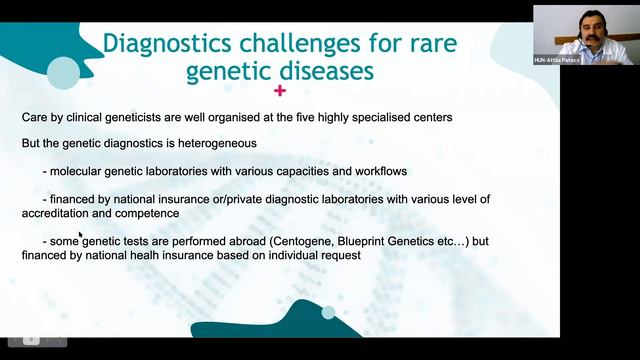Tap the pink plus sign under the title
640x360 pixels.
(279, 92)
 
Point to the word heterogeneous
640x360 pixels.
(212, 143)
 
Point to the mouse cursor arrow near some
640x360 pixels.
(81, 236)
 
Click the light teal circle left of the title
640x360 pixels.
(63, 70)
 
